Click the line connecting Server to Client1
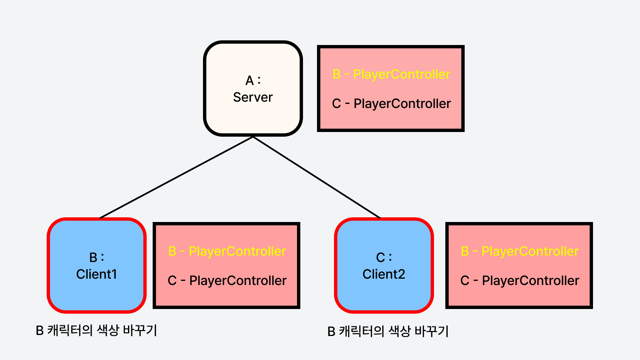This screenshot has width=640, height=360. pos(177,177)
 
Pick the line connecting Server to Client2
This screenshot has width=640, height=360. pos(317,177)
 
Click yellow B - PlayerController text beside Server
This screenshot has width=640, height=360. pos(391,74)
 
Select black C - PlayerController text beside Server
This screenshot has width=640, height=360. pos(391,104)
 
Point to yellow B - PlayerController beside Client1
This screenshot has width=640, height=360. pos(227,251)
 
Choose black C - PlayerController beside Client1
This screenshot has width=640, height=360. pos(227,281)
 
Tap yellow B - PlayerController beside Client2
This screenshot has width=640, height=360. pos(520,251)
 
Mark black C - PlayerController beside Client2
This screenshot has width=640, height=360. pos(520,281)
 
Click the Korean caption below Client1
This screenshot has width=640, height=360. pos(96,330)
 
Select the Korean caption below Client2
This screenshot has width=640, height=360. pos(388,331)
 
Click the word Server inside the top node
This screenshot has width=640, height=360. pos(253,97)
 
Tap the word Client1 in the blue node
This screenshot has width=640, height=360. pos(97,274)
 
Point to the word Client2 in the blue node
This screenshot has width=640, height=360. pos(384,274)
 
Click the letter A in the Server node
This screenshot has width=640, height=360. pos(250,81)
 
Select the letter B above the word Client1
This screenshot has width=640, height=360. pos(93,258)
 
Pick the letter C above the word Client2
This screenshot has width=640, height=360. pos(381,258)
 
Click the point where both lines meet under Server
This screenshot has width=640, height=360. pos(253,137)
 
